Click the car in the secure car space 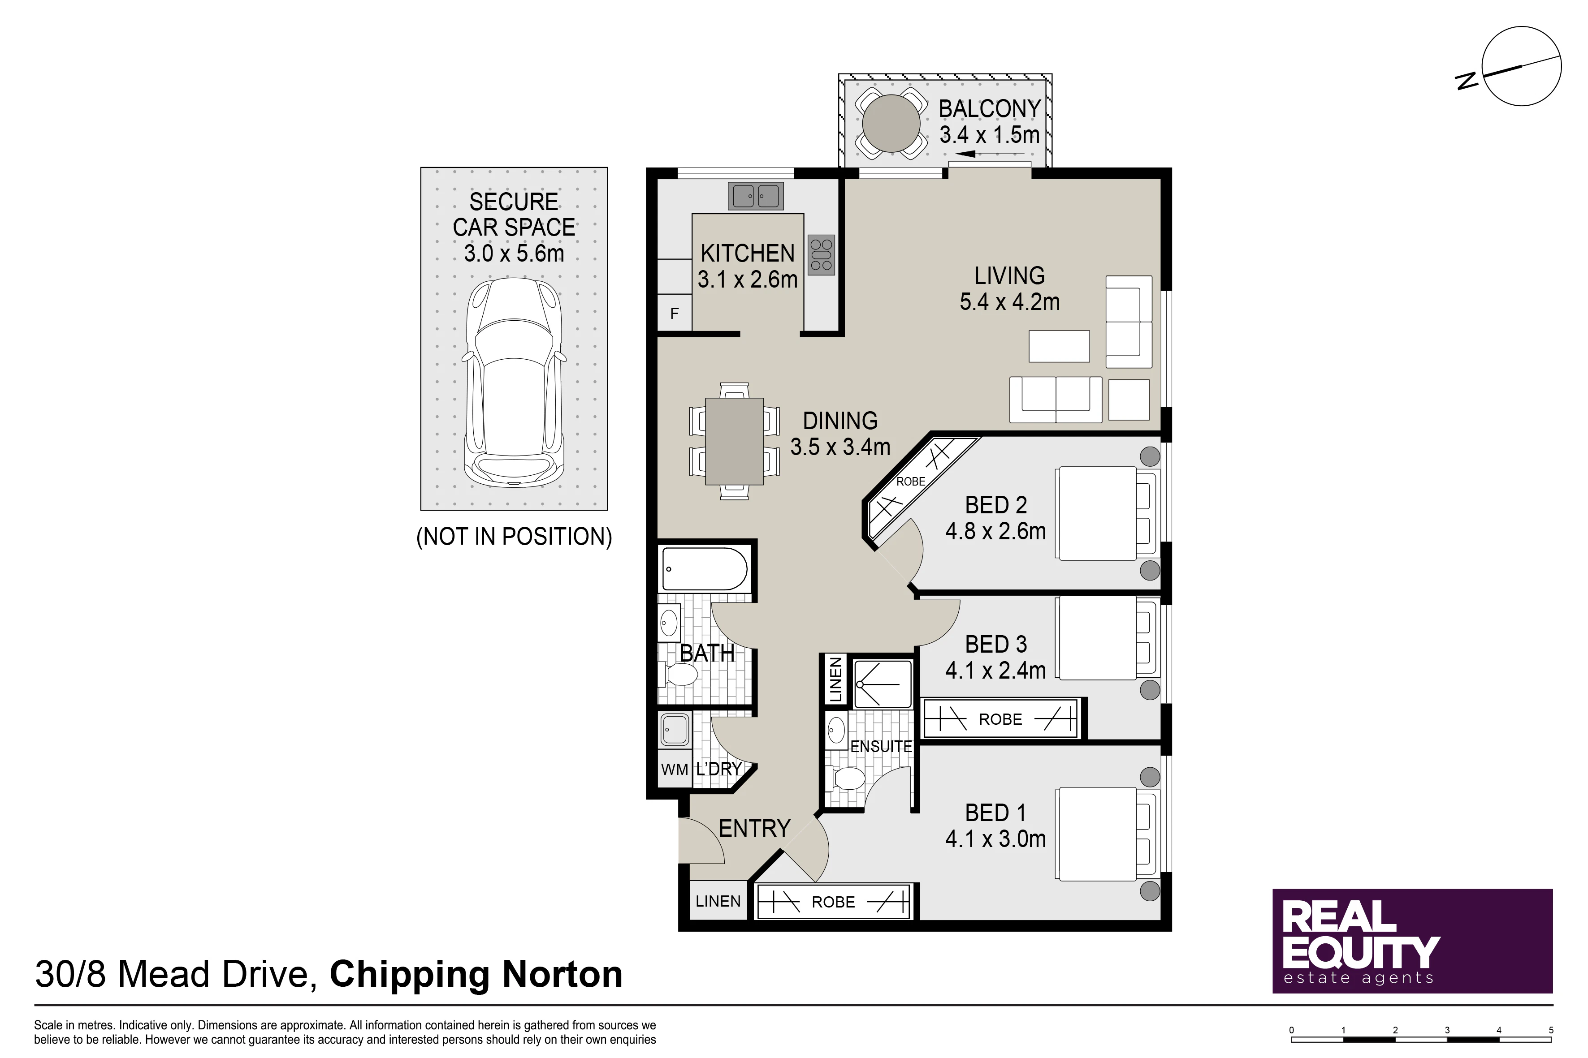click(514, 382)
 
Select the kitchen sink click(756, 196)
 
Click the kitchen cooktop click(821, 254)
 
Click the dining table click(735, 441)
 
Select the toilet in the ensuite click(848, 780)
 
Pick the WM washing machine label click(675, 769)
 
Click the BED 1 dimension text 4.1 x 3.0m click(995, 839)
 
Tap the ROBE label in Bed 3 click(1000, 719)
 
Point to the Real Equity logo click(1412, 941)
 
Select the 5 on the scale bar click(1551, 1030)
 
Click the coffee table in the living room click(1060, 346)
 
